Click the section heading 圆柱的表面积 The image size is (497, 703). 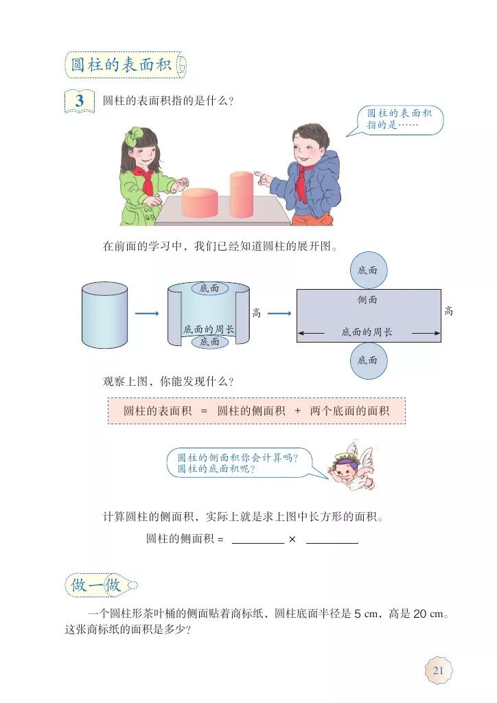pos(122,65)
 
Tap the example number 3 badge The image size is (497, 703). pos(80,101)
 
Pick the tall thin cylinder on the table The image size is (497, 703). pos(241,194)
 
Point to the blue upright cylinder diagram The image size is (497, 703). pos(104,315)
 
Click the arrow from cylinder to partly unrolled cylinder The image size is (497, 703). pos(147,314)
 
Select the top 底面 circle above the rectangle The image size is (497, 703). pos(368,270)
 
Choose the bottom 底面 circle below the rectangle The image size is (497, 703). pos(368,360)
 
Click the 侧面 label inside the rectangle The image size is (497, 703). pos(367,300)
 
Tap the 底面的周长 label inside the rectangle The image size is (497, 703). pos(367,332)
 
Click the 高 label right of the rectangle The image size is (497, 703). pos(448,311)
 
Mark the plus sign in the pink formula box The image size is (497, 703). pos(297,411)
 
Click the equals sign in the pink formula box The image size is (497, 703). pos(203,411)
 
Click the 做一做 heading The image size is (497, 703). pos(96,585)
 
